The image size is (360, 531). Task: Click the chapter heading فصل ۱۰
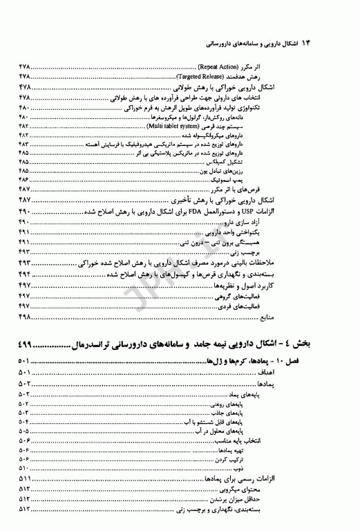click(334, 361)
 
